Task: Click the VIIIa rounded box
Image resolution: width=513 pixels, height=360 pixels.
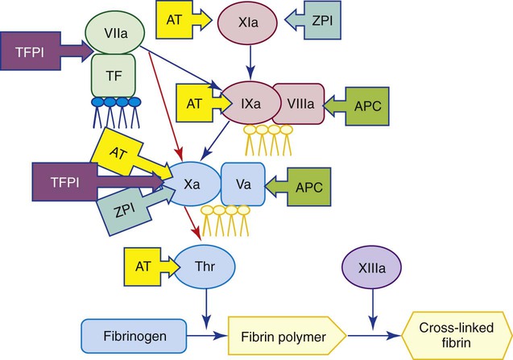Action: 298,103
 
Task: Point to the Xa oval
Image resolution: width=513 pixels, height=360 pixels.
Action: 191,184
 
